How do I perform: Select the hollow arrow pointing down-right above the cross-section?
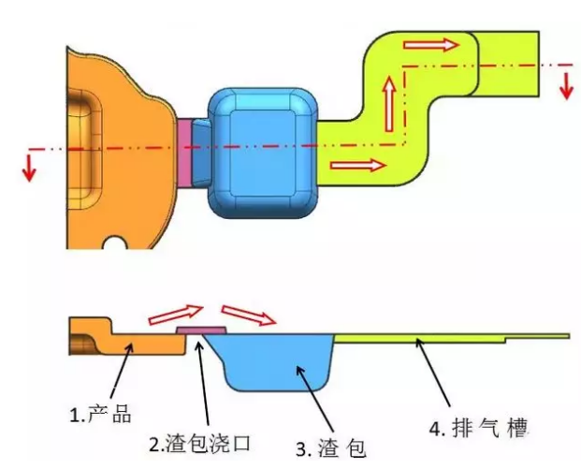[x=248, y=315]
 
